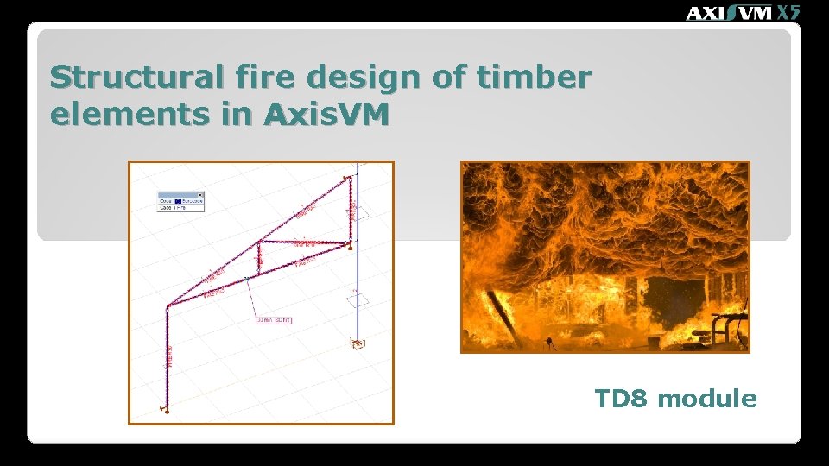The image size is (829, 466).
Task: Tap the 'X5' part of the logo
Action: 788,12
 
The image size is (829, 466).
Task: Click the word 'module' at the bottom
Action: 707,399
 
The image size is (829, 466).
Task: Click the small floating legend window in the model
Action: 180,201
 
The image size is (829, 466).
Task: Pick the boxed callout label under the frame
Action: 273,320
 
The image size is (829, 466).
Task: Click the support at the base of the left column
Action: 165,408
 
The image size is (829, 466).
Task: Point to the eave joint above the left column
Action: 168,305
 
